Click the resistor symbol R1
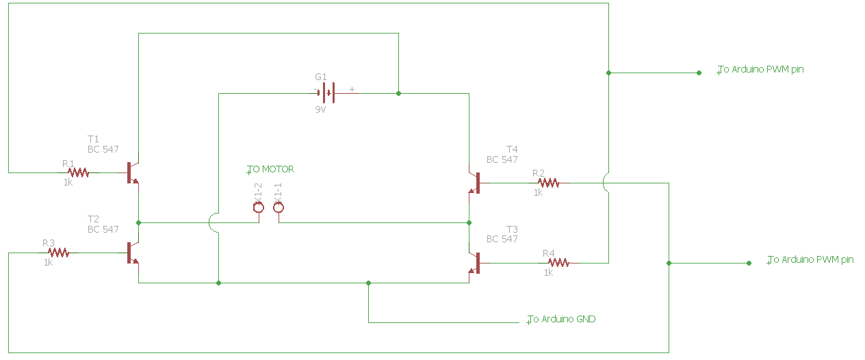tap(78, 172)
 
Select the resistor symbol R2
tap(548, 183)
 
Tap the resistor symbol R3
tap(58, 253)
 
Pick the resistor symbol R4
tap(558, 262)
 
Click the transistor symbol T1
tap(133, 172)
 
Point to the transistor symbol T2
tap(133, 253)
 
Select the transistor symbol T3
tap(474, 263)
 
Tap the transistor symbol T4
tap(474, 183)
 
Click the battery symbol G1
tap(326, 92)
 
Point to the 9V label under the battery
tap(320, 110)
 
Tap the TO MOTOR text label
tap(272, 169)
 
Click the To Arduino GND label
tap(562, 319)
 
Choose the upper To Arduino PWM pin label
tap(761, 69)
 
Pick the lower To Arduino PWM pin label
tap(811, 259)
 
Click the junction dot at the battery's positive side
tap(398, 92)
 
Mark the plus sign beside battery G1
tap(352, 89)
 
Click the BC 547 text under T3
tap(502, 239)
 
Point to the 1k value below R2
tap(538, 193)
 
